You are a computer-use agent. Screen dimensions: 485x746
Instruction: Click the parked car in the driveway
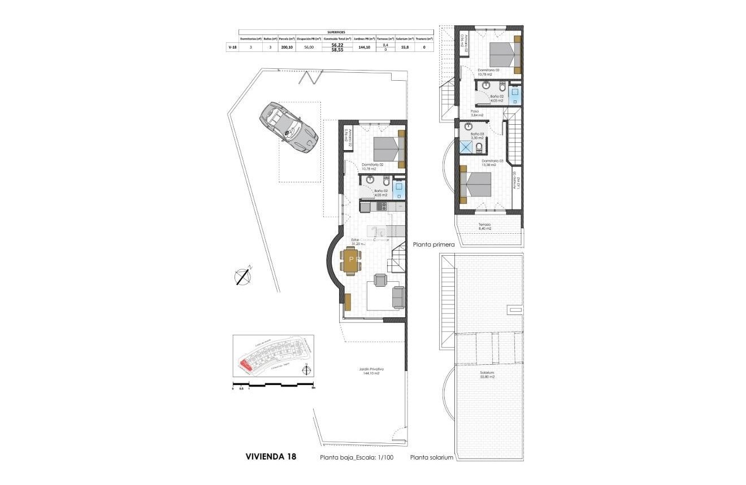click(288, 127)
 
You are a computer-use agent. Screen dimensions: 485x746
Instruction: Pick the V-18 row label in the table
click(232, 47)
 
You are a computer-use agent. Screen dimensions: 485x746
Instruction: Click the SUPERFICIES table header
click(336, 32)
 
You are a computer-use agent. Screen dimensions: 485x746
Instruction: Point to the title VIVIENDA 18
click(271, 456)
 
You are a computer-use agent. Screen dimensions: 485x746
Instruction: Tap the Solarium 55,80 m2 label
click(487, 374)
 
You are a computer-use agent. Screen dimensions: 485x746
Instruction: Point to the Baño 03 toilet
click(479, 148)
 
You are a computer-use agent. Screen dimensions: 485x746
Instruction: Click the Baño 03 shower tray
click(466, 147)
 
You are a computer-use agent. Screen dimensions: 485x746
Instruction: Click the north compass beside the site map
click(306, 370)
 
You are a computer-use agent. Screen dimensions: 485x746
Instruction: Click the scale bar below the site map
click(274, 385)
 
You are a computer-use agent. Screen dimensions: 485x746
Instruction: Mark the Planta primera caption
click(433, 245)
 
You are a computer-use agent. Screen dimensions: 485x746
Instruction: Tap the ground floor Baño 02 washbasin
click(370, 180)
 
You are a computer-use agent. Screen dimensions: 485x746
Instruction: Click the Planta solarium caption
click(432, 458)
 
